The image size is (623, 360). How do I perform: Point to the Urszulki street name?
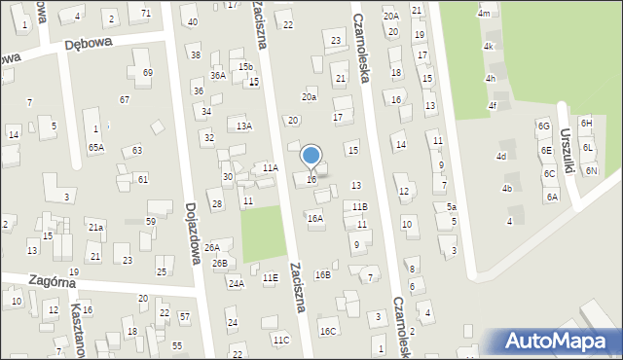tap(569, 146)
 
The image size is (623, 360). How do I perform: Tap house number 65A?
tap(95, 147)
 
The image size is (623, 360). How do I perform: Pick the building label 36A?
tap(218, 75)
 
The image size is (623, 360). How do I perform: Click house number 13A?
tap(243, 126)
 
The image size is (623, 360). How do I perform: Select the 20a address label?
tap(310, 97)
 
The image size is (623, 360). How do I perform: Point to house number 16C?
tap(328, 332)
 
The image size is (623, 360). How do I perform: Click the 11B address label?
tap(360, 207)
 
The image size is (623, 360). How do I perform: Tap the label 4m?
tap(484, 14)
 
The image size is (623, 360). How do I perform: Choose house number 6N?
tap(592, 170)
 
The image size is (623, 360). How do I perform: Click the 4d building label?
tap(501, 157)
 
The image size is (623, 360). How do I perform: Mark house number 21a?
tap(95, 227)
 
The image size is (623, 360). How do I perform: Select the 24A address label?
tap(236, 284)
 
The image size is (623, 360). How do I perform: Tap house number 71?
tap(146, 13)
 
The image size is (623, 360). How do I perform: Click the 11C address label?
tap(281, 340)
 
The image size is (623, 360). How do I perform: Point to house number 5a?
tap(452, 207)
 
